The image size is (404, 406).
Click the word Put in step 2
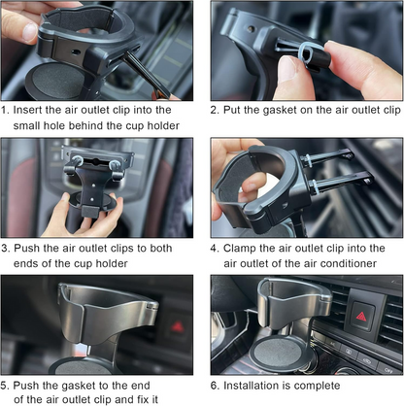[236, 110]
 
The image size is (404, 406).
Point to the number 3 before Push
[6, 247]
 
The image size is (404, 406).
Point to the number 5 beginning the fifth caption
[6, 384]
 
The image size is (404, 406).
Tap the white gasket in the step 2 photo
[309, 54]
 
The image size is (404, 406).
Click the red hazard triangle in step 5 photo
[178, 326]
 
